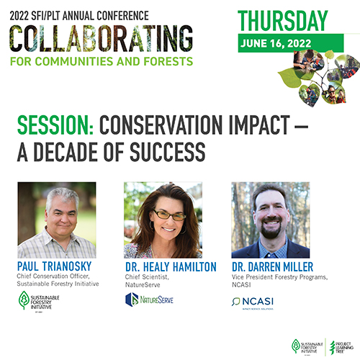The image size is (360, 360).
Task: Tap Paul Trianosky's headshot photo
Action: [57, 220]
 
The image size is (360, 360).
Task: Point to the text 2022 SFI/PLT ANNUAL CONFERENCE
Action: [76, 11]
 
